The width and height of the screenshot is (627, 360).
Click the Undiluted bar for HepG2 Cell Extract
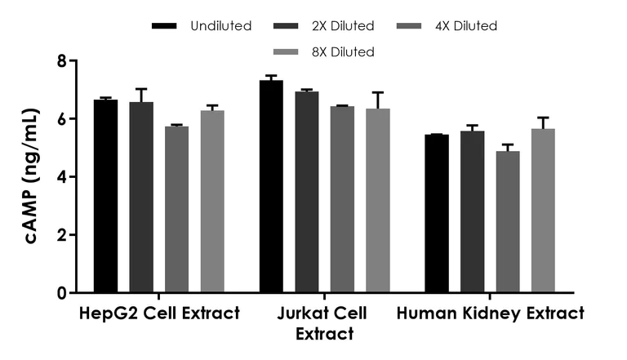click(105, 196)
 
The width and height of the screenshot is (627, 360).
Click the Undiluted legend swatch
click(165, 26)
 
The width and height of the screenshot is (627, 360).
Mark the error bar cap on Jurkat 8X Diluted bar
click(378, 92)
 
